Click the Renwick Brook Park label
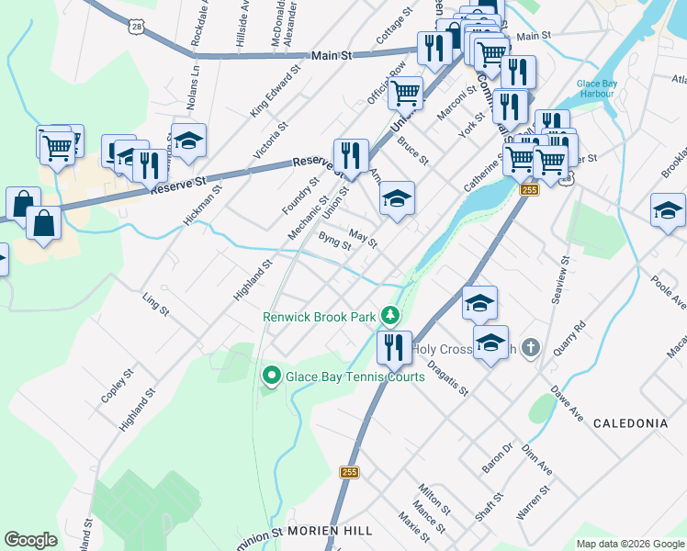coord(320,317)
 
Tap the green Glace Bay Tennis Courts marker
coord(272,376)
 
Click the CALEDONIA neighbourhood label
coord(629,423)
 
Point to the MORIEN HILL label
coord(330,532)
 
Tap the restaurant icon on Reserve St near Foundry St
coord(350,155)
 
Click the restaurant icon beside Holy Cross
coord(394,348)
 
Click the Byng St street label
coord(334,241)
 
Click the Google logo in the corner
coord(30,540)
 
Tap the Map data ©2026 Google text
coord(630,544)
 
